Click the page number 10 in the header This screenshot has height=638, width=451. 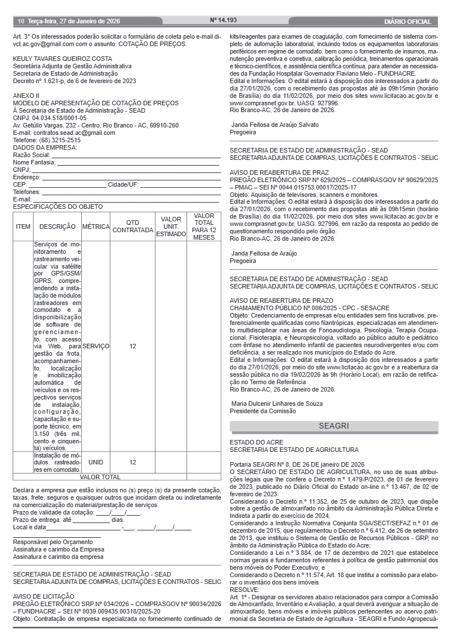pos(20,22)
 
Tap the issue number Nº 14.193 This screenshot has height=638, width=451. pos(224,20)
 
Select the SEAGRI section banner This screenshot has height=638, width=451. pos(334,426)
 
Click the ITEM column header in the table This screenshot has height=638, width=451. pos(23,227)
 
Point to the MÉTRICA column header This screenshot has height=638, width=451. pos(96,227)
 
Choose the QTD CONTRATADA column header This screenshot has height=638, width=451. pos(133,227)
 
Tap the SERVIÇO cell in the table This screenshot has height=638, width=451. pos(96,346)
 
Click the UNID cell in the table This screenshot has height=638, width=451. pos(96,462)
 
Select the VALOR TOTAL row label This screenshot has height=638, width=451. pos(100,477)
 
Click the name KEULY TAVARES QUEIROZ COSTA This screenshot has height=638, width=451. pos(63,59)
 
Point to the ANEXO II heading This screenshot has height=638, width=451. pos(26,96)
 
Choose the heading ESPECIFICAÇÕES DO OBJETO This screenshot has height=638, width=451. pos(58,207)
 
